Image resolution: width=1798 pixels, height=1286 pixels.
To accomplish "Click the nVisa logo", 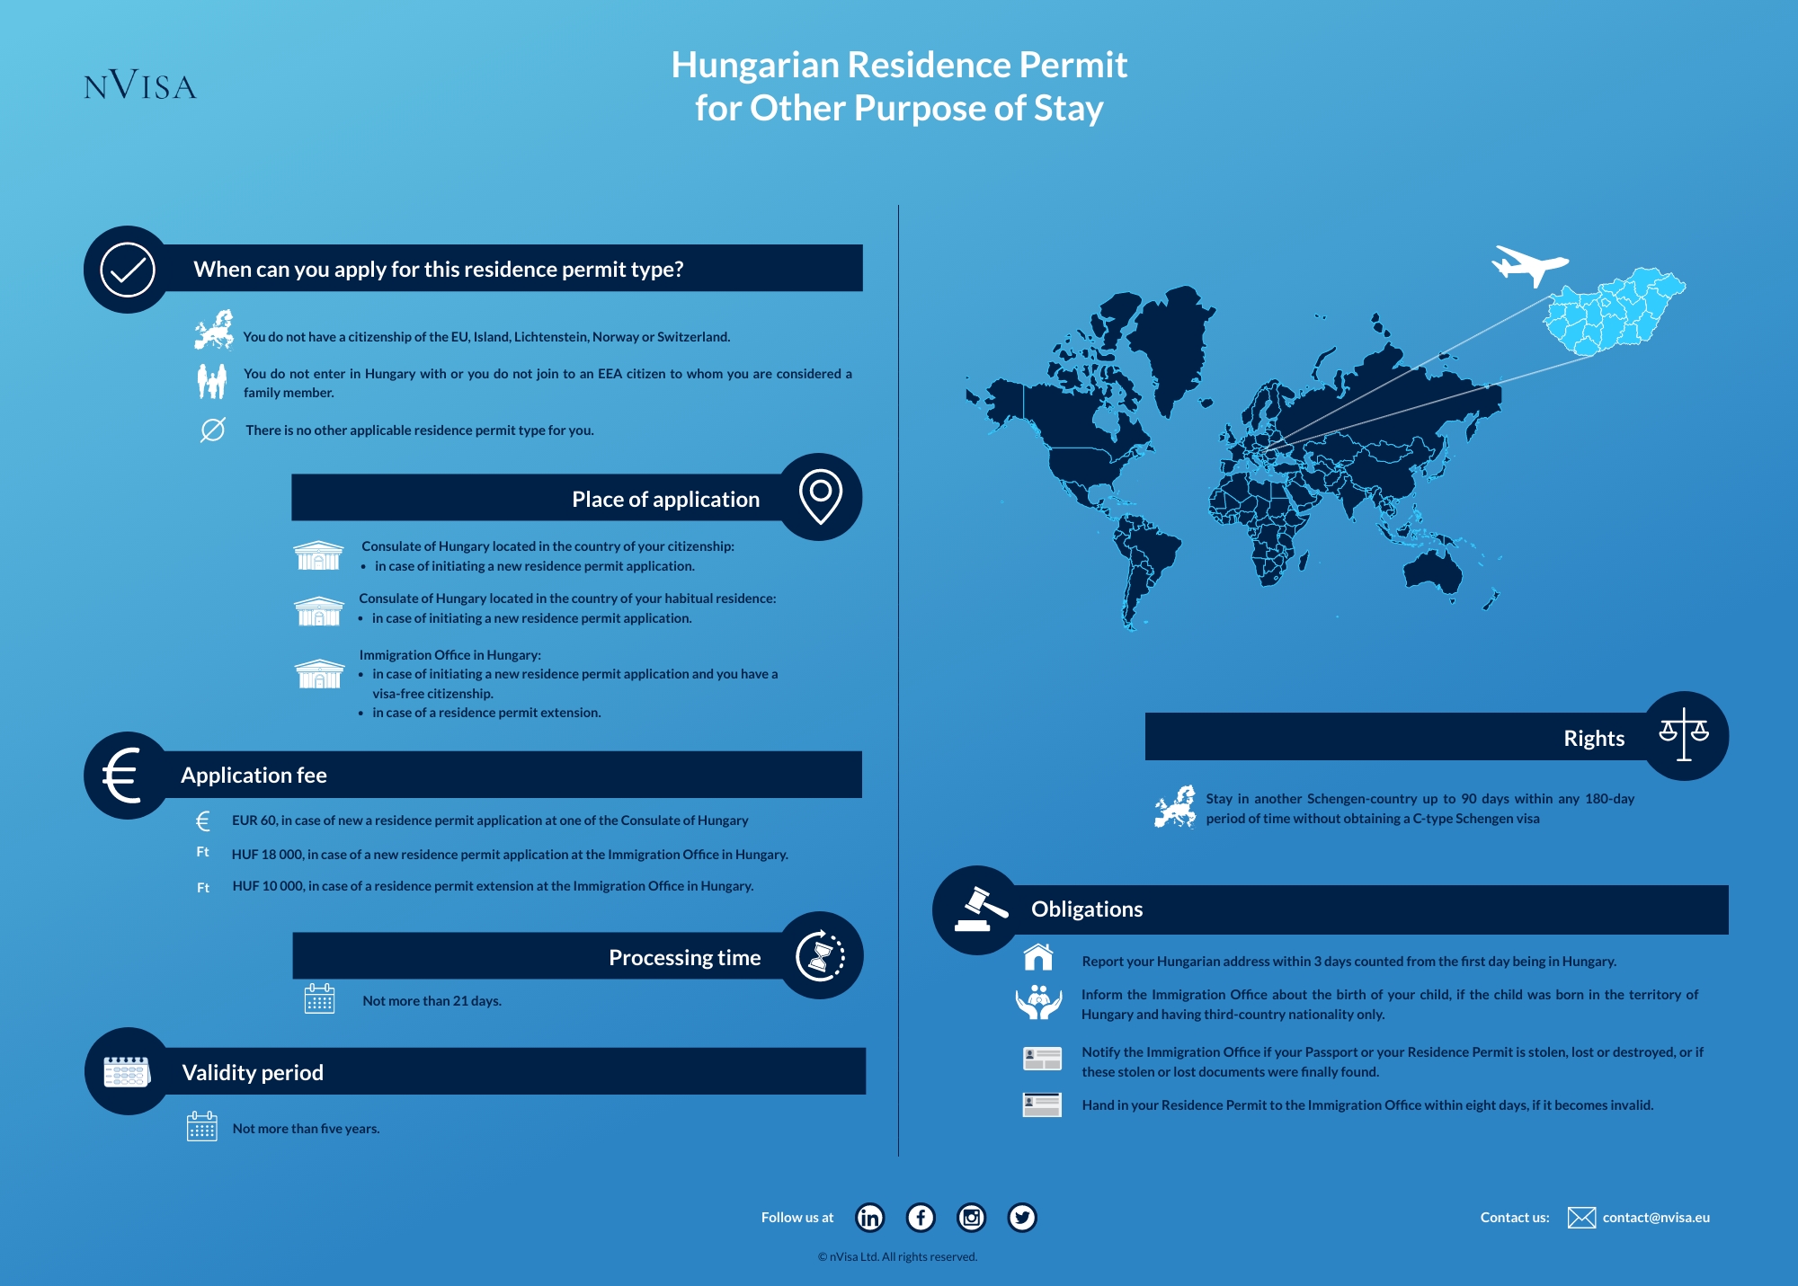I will click(140, 85).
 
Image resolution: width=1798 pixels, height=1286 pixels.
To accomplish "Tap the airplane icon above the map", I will click(1527, 264).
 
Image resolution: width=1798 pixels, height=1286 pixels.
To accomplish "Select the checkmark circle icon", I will click(128, 270).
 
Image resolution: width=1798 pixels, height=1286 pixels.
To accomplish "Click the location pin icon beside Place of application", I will click(820, 496).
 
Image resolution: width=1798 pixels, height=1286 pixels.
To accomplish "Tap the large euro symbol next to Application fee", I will click(123, 775).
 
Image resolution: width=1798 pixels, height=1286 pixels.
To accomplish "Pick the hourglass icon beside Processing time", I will click(820, 956).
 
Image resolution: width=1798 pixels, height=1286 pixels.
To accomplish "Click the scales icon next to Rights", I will click(1684, 735).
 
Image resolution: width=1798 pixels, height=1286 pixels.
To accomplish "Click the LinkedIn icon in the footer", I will click(869, 1218).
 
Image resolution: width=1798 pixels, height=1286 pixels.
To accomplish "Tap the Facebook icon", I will click(921, 1218).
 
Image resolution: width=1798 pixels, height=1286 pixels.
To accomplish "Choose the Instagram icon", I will click(971, 1218).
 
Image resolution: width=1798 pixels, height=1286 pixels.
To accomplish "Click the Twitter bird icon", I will click(1022, 1218).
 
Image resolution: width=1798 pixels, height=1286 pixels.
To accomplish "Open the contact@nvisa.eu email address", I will click(1656, 1218).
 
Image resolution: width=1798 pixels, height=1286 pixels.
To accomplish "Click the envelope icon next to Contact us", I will click(1581, 1218).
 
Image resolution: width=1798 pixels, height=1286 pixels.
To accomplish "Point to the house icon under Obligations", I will click(1038, 958).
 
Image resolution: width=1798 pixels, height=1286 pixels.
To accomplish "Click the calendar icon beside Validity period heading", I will click(127, 1071).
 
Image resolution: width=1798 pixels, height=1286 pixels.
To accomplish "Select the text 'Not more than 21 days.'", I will click(432, 1001).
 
